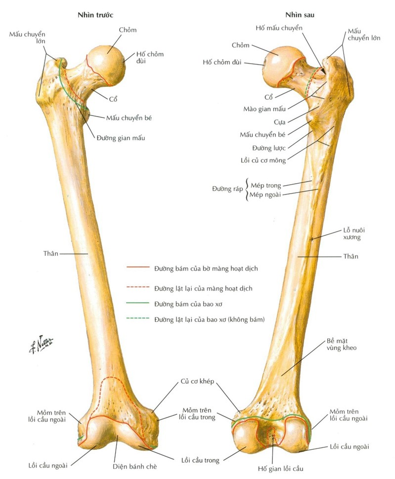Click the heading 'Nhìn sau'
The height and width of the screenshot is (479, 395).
[300, 15]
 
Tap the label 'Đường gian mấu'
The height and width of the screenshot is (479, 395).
[120, 138]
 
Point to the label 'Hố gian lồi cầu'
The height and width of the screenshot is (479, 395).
[280, 468]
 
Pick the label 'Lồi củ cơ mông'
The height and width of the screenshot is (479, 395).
[263, 160]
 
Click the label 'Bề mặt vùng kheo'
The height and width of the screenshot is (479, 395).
[342, 344]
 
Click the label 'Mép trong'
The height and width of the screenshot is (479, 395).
[265, 186]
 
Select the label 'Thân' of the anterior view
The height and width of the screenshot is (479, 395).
[51, 253]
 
